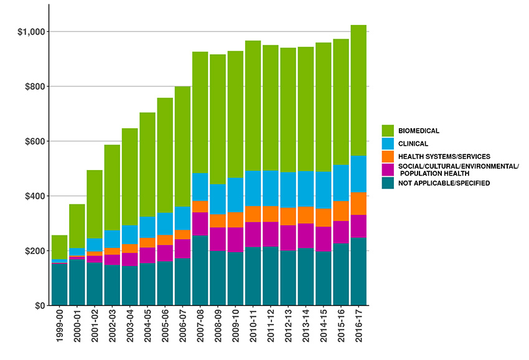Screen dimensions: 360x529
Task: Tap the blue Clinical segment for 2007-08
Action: [200, 187]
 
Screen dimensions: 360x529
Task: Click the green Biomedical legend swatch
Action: [388, 130]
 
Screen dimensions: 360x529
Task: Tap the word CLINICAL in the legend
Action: [413, 143]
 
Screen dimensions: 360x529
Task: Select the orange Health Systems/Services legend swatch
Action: [388, 156]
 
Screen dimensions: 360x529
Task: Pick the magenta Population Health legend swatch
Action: [388, 169]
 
